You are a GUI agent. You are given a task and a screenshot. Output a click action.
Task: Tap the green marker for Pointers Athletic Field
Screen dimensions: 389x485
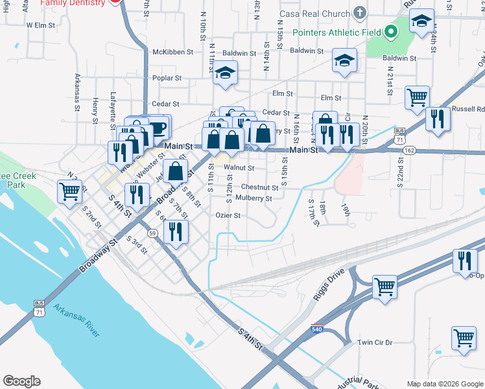[x=390, y=30]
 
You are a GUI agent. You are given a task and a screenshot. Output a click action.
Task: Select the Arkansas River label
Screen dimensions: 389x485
[x=77, y=320]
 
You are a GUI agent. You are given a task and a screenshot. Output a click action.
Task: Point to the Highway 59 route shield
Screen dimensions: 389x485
[x=152, y=232]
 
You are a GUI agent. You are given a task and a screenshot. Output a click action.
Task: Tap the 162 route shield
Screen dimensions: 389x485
[x=408, y=149]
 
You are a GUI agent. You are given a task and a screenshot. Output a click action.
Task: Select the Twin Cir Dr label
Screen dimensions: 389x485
[x=375, y=342]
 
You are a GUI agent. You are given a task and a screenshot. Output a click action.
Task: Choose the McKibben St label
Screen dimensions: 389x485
[x=172, y=52]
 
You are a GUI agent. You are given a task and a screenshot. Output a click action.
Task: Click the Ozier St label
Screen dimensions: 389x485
[x=228, y=216]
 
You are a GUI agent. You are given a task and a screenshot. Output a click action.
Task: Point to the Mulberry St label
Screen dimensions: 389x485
[x=254, y=198]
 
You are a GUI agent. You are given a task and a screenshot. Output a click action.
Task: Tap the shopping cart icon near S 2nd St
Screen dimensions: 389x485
[x=70, y=191]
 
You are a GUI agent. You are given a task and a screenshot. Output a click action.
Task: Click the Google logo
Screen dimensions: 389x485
[x=21, y=381]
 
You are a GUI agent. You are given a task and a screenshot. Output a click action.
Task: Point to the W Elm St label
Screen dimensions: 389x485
[x=38, y=25]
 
